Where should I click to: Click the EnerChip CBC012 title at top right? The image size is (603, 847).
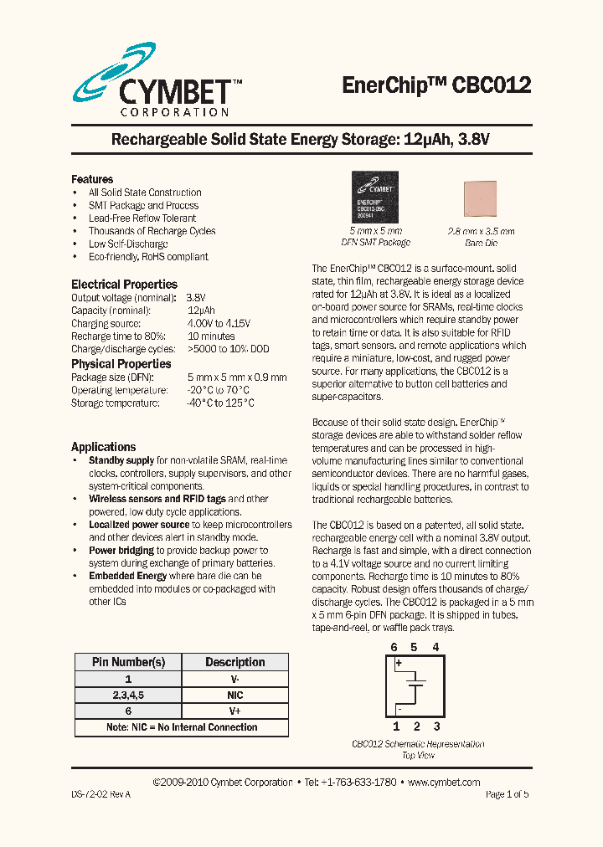click(x=436, y=85)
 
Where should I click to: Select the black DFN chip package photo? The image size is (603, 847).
click(x=375, y=197)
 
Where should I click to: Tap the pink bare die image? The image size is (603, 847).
click(x=480, y=199)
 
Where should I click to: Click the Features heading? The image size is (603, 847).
click(x=92, y=179)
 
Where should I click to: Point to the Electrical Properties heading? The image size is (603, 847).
click(x=124, y=285)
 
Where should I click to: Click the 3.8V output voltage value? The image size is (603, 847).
click(x=196, y=298)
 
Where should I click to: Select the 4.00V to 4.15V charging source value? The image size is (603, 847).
click(x=219, y=323)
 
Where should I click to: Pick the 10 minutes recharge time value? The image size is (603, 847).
click(x=210, y=336)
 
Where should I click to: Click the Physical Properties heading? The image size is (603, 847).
click(x=121, y=364)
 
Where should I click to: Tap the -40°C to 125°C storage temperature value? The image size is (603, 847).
click(x=220, y=403)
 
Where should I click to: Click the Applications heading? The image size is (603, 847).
click(x=103, y=447)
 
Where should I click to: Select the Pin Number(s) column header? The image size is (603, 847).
click(x=128, y=662)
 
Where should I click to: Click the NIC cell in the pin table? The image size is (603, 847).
click(x=234, y=695)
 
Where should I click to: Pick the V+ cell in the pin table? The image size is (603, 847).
click(x=234, y=711)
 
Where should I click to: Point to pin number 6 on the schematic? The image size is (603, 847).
click(x=394, y=647)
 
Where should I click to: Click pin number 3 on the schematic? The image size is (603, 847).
click(x=436, y=726)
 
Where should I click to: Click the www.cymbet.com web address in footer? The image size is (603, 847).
click(x=443, y=782)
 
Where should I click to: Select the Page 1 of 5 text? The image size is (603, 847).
click(x=507, y=794)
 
